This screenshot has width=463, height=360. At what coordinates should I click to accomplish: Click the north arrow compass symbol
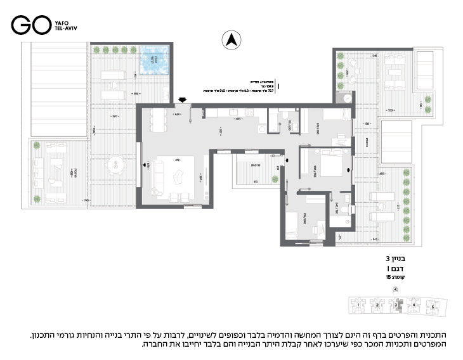[231, 41]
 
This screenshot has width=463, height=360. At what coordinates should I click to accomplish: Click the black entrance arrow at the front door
[183, 100]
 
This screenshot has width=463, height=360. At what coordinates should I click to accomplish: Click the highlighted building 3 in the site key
[397, 305]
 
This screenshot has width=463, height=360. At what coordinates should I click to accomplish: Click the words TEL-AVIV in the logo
[65, 29]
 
